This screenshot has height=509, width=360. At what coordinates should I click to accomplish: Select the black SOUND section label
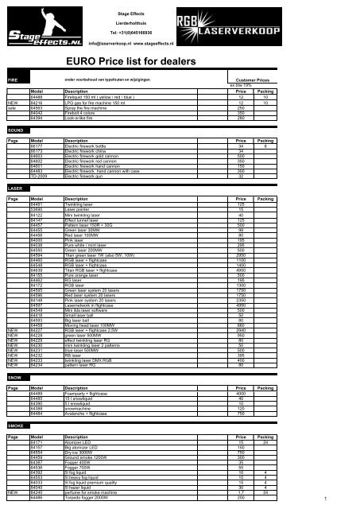point(15,128)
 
